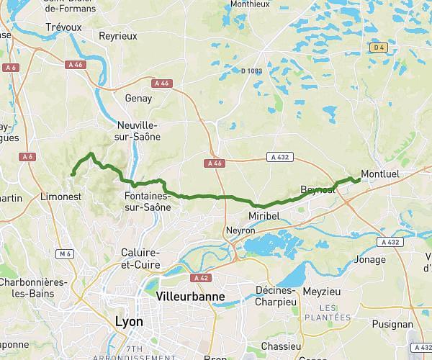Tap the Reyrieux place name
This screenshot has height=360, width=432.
tap(117, 36)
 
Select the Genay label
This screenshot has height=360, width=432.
tap(138, 98)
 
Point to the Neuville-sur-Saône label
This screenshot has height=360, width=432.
tap(138, 130)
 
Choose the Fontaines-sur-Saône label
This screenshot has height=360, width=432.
tap(148, 202)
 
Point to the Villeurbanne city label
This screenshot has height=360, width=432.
tap(190, 296)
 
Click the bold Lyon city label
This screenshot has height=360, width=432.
tap(129, 321)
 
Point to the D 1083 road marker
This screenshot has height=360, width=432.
tap(251, 71)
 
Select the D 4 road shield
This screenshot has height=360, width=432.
tap(379, 48)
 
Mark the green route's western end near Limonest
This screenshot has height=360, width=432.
tap(73, 174)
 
